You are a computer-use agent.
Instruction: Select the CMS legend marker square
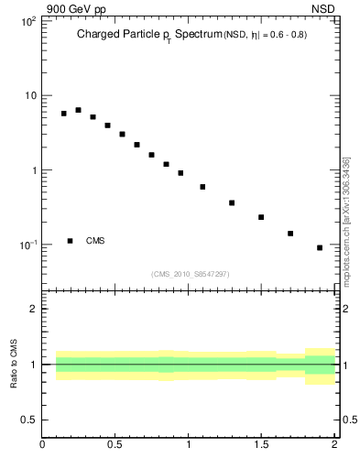point(71,241)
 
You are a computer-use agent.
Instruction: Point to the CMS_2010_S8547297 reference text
point(191,274)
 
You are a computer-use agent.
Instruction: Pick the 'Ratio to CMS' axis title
point(14,364)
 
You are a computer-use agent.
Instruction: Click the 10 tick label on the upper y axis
point(28,95)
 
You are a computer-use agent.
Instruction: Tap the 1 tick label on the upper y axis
point(32,170)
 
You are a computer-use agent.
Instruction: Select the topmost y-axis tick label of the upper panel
point(27,21)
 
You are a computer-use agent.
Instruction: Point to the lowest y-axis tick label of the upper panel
point(27,245)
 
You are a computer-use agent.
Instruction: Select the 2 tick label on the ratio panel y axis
point(32,309)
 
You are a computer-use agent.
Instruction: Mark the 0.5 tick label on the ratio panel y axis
point(28,420)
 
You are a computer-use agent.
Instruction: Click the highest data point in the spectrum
point(78,110)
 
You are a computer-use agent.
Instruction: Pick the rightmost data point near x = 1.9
point(320,247)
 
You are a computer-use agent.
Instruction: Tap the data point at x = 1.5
point(261,217)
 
